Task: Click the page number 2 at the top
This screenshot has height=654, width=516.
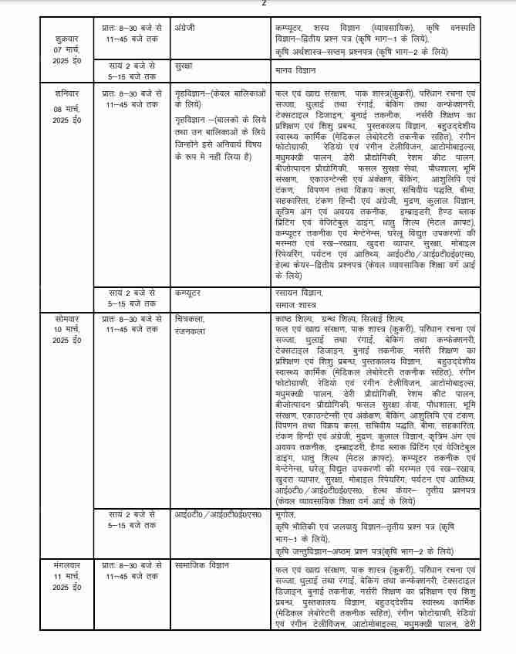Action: [x=264, y=4]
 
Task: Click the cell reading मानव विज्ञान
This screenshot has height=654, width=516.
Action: [x=294, y=68]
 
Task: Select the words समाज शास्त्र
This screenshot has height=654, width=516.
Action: [x=295, y=303]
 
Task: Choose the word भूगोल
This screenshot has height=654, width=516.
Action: [x=285, y=513]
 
